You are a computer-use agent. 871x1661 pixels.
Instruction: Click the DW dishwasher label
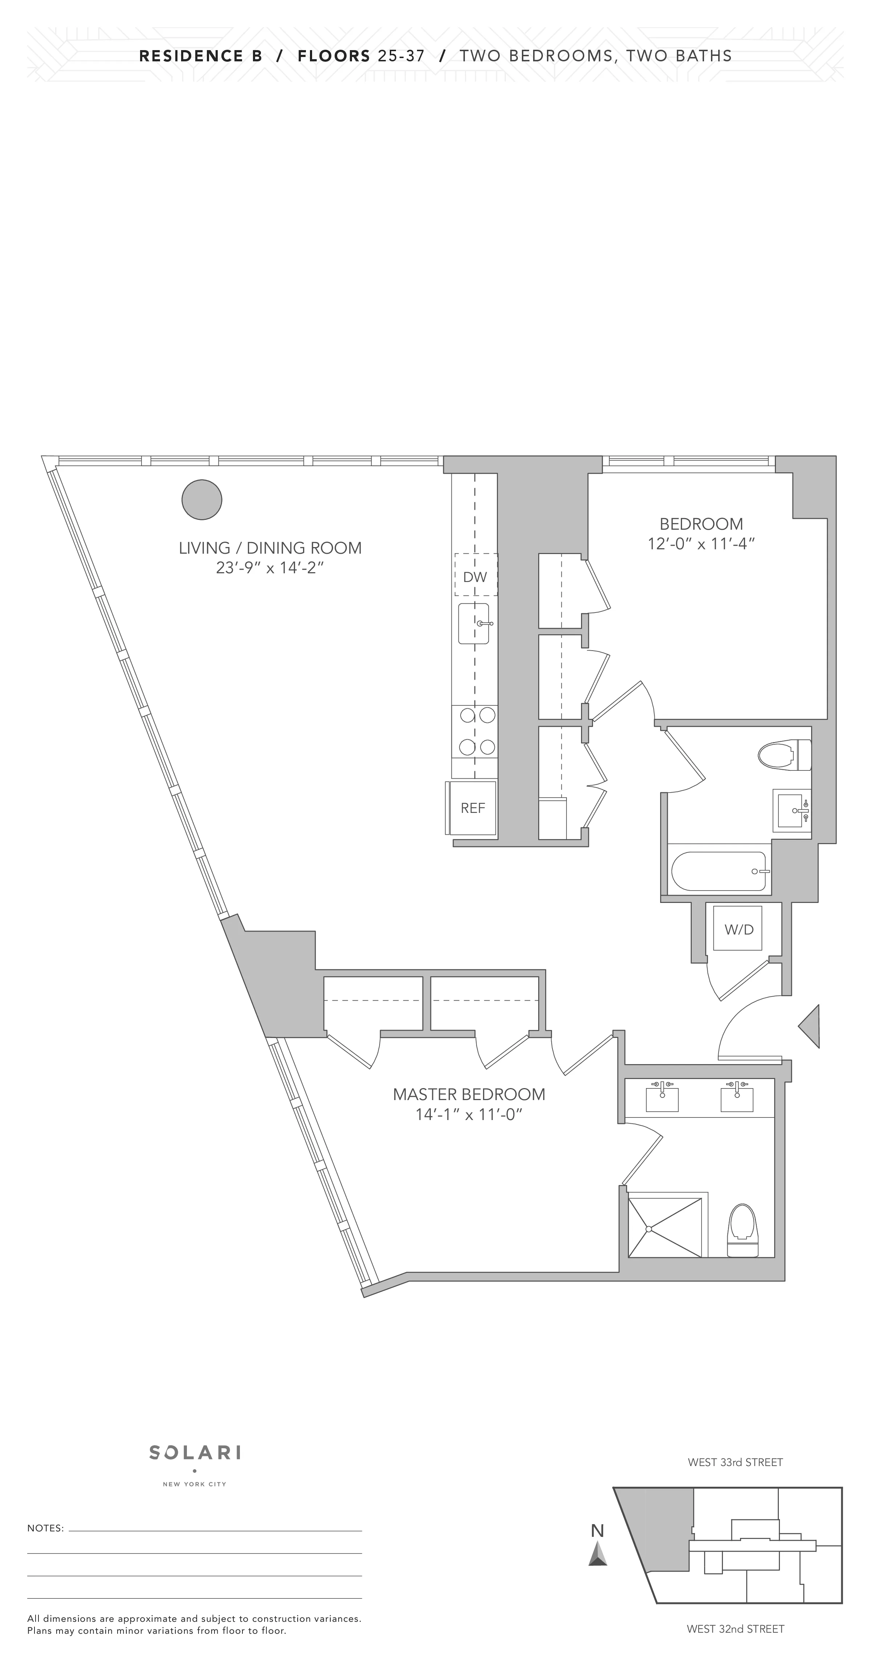(475, 577)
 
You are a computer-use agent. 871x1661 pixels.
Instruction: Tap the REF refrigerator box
(473, 808)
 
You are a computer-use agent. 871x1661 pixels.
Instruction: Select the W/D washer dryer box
(739, 929)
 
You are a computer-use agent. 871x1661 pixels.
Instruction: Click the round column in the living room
(202, 500)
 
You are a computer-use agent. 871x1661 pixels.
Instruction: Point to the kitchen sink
(474, 623)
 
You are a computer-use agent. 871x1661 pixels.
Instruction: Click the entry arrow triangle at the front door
(810, 1026)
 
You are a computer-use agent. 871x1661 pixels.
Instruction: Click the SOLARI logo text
(195, 1452)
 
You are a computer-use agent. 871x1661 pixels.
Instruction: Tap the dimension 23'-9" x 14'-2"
(270, 568)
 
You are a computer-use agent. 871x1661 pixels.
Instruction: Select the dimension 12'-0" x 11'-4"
(701, 544)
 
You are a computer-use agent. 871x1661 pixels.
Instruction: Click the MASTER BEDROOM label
(469, 1094)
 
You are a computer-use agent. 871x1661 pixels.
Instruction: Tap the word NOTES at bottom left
(45, 1527)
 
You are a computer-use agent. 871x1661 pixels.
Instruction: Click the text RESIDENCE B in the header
(200, 56)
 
